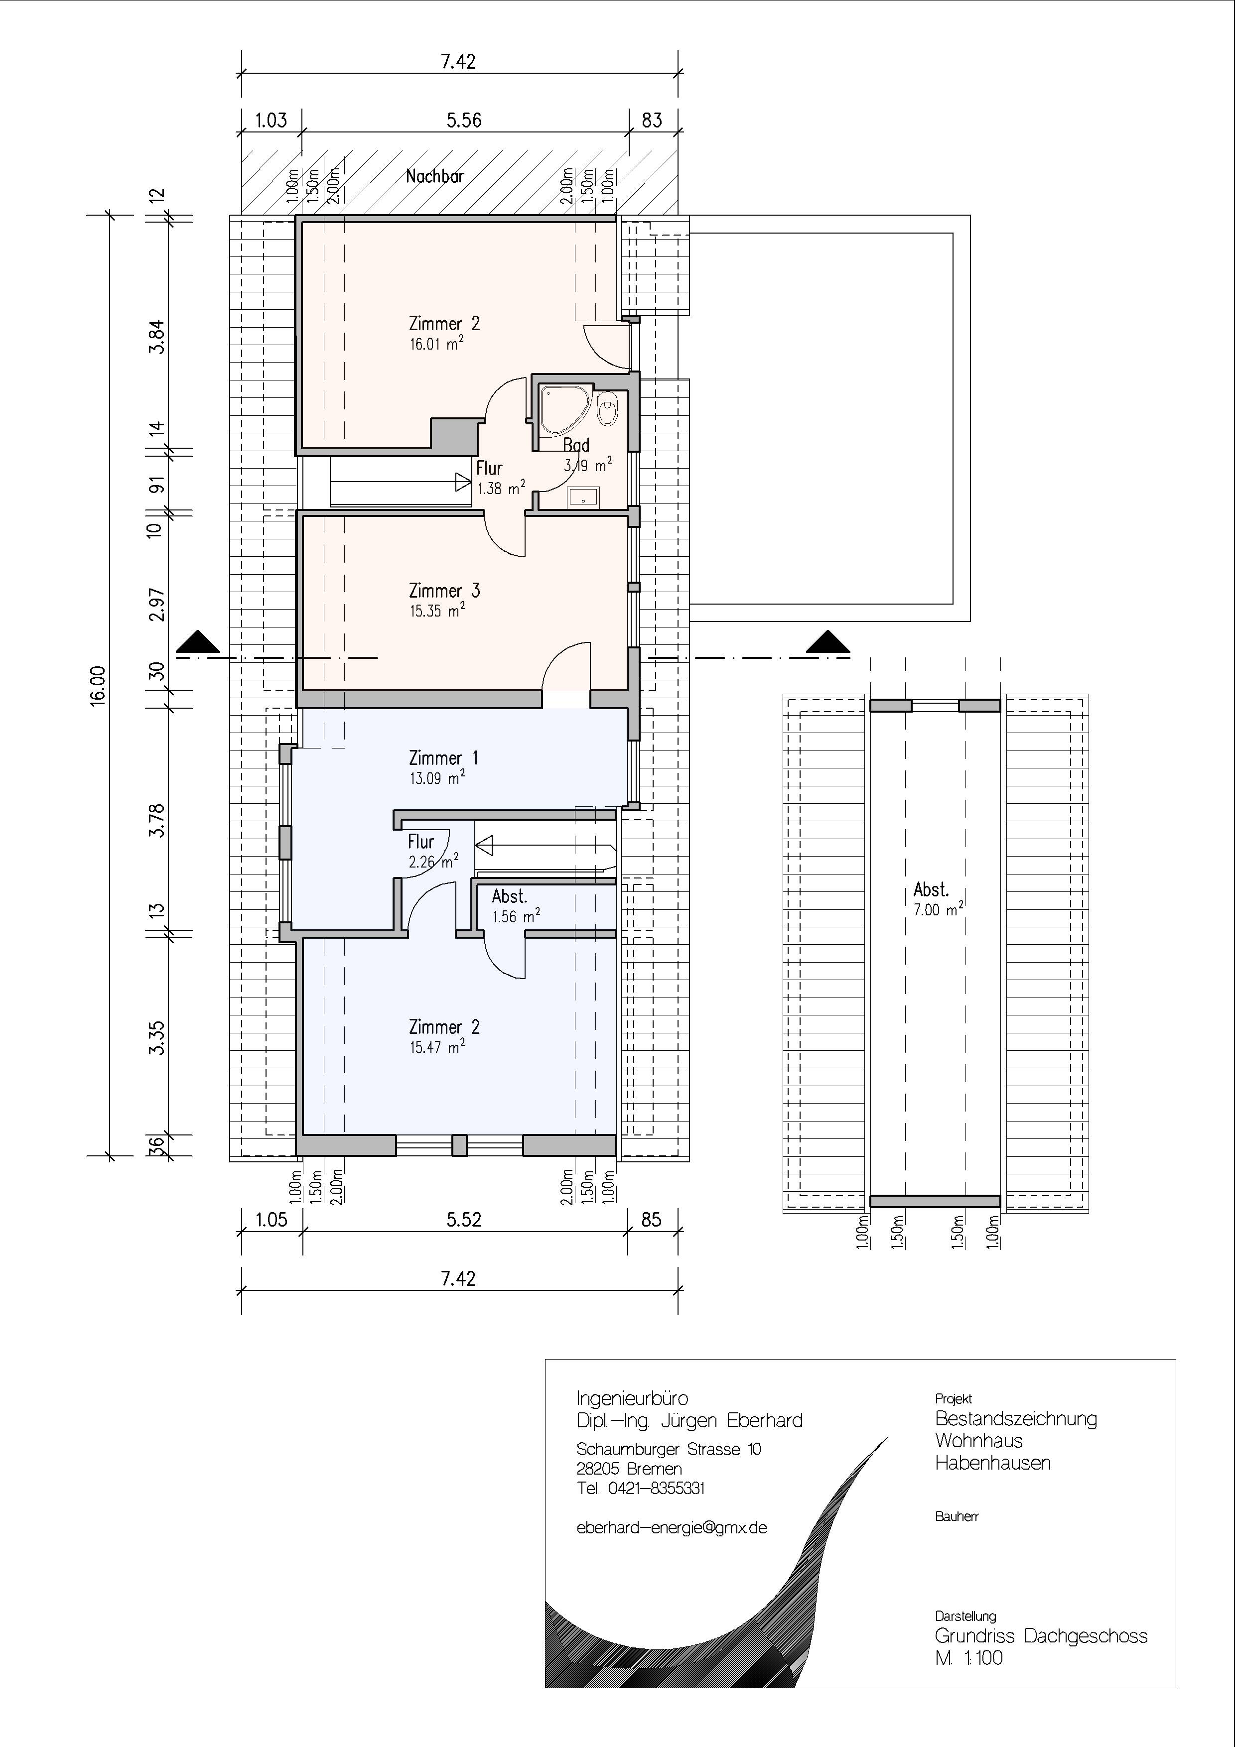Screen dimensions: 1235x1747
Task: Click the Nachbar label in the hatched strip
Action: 434,176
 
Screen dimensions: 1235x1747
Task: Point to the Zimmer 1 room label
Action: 444,758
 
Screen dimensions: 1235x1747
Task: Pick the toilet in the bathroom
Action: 607,408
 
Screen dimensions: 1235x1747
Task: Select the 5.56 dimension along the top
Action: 464,120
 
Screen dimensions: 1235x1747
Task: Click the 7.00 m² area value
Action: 938,909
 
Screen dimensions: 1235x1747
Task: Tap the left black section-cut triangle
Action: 198,644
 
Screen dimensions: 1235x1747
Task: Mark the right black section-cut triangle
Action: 828,644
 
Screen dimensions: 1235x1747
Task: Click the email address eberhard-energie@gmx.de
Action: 672,1528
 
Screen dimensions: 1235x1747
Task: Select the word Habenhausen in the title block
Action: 993,1463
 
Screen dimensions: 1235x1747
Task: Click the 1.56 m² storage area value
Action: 516,917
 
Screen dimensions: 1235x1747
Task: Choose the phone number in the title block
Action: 641,1489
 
